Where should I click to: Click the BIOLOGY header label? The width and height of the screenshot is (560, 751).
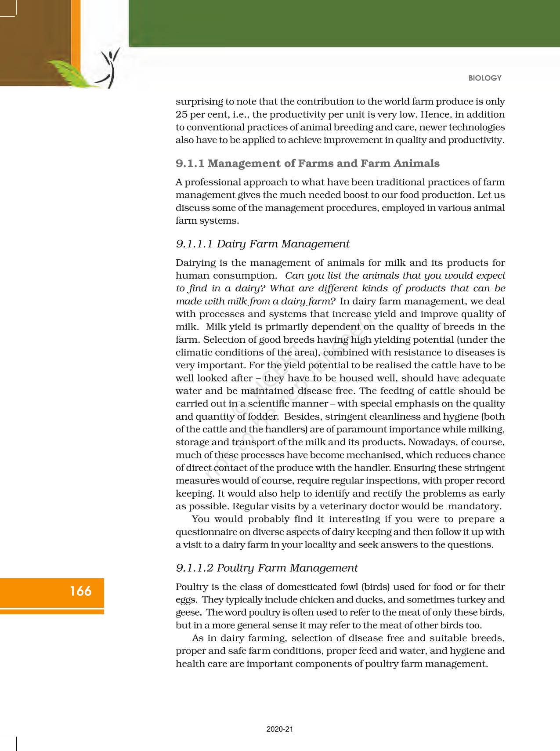coord(484,78)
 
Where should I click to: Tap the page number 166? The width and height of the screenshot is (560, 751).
coord(80,591)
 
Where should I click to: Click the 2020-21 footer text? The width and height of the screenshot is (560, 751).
coord(279,729)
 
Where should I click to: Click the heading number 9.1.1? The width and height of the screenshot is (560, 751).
coord(190,163)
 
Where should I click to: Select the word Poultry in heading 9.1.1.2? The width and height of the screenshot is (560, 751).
coord(236,568)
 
